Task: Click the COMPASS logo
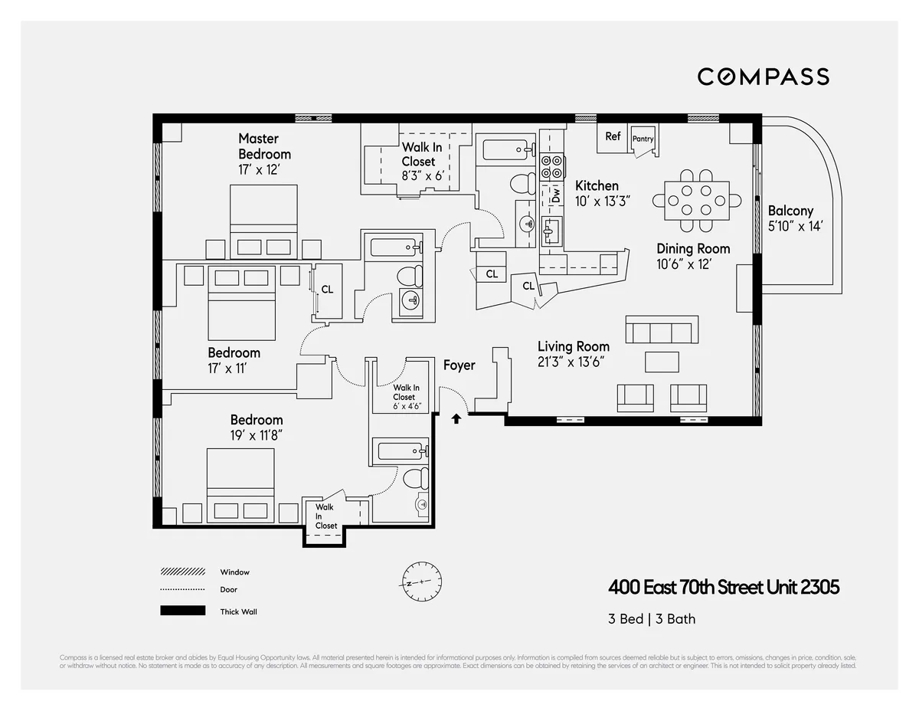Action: point(763,77)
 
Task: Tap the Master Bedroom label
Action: point(263,146)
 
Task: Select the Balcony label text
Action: point(790,211)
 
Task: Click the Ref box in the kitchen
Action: point(613,136)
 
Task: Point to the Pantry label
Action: point(643,139)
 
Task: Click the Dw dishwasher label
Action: point(556,196)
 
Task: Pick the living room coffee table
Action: point(662,361)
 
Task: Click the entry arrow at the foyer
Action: point(456,418)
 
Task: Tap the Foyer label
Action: point(459,365)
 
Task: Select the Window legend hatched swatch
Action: point(182,572)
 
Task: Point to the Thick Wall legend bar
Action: point(182,611)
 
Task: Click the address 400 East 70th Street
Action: point(724,588)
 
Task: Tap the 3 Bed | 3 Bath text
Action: point(652,619)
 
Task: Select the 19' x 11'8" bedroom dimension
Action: point(256,435)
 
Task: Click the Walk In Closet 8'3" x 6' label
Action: point(417,162)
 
